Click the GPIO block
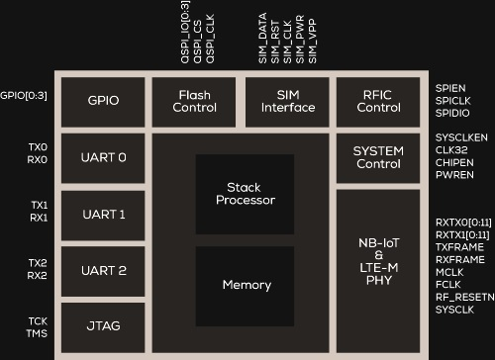[104, 101]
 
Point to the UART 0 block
[104, 157]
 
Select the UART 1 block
[104, 214]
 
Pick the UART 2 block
[104, 270]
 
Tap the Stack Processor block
[244, 194]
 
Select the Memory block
[247, 285]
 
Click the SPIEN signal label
[450, 88]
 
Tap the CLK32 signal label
[451, 150]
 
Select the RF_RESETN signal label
[461, 296]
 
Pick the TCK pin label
[38, 320]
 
